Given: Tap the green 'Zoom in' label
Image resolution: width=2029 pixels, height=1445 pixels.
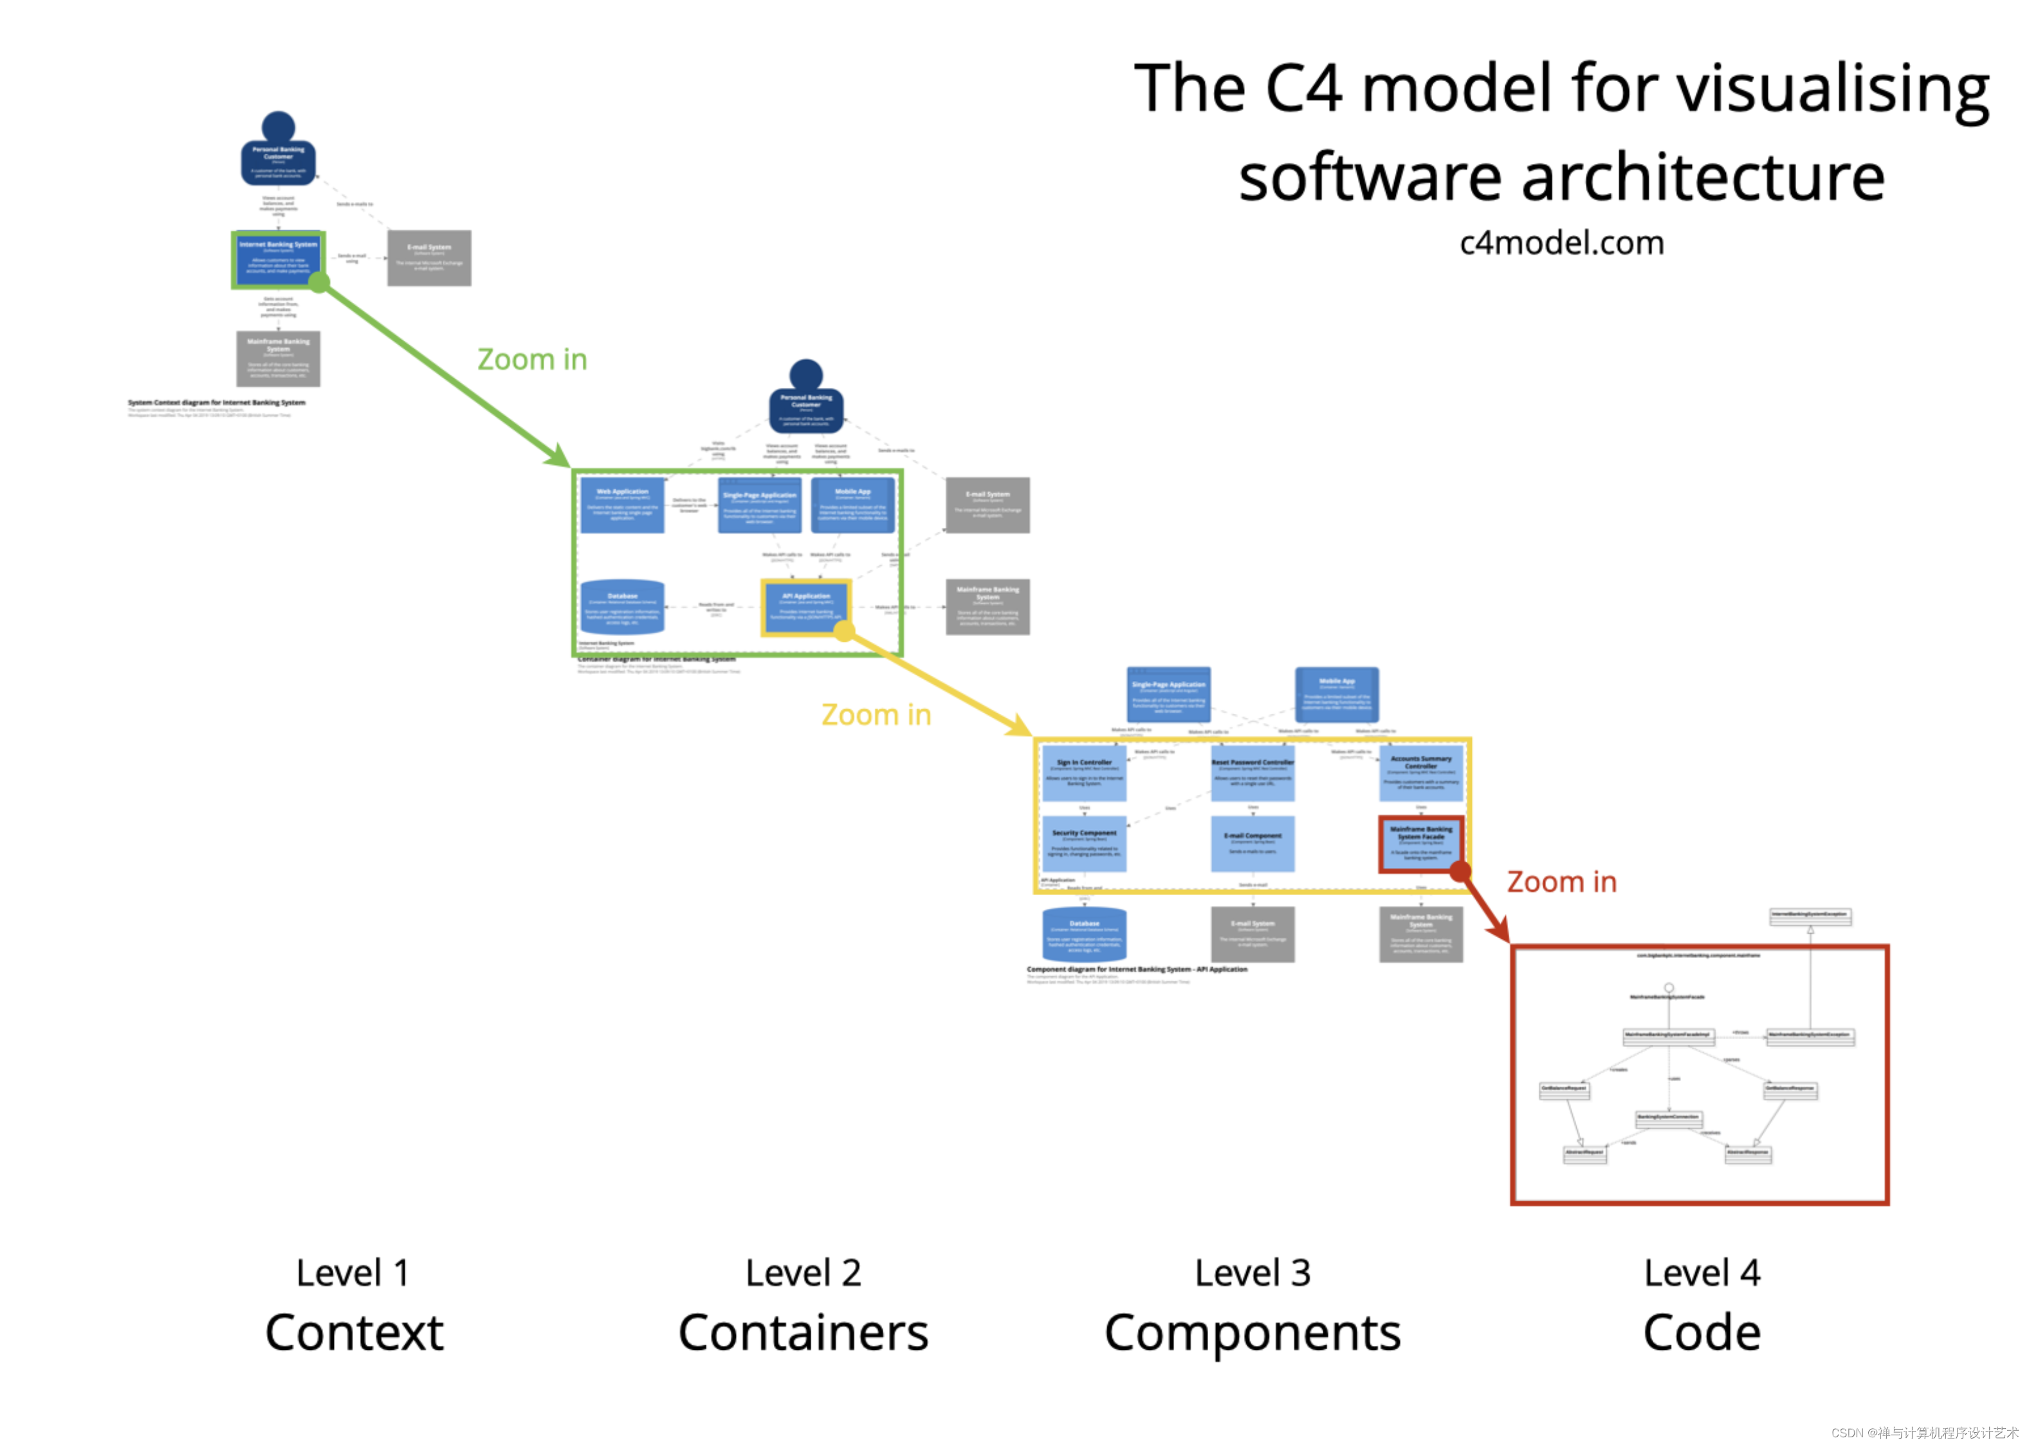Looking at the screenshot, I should point(532,359).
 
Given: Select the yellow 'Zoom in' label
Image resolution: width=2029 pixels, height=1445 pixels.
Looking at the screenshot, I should point(876,714).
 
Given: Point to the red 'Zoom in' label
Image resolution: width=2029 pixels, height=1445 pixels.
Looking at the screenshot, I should point(1561,882).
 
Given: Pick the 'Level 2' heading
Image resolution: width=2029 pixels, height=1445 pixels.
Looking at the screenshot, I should point(803,1273).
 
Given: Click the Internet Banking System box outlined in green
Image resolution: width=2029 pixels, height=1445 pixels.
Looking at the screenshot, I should point(278,259).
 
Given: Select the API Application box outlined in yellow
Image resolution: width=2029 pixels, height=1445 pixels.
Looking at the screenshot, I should point(805,607).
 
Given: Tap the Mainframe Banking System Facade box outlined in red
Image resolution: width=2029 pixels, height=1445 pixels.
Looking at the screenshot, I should point(1420,844).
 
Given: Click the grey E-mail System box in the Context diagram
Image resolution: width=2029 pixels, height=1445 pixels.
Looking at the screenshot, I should point(429,258).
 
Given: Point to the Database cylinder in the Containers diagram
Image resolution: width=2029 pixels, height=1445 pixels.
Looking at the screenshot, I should point(622,607).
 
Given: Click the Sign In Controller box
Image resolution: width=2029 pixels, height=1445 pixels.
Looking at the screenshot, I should point(1084,773).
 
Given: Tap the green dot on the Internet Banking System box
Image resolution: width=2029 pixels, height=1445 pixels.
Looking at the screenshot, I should point(318,283).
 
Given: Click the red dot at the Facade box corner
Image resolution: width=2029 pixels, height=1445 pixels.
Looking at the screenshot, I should point(1460,871).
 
